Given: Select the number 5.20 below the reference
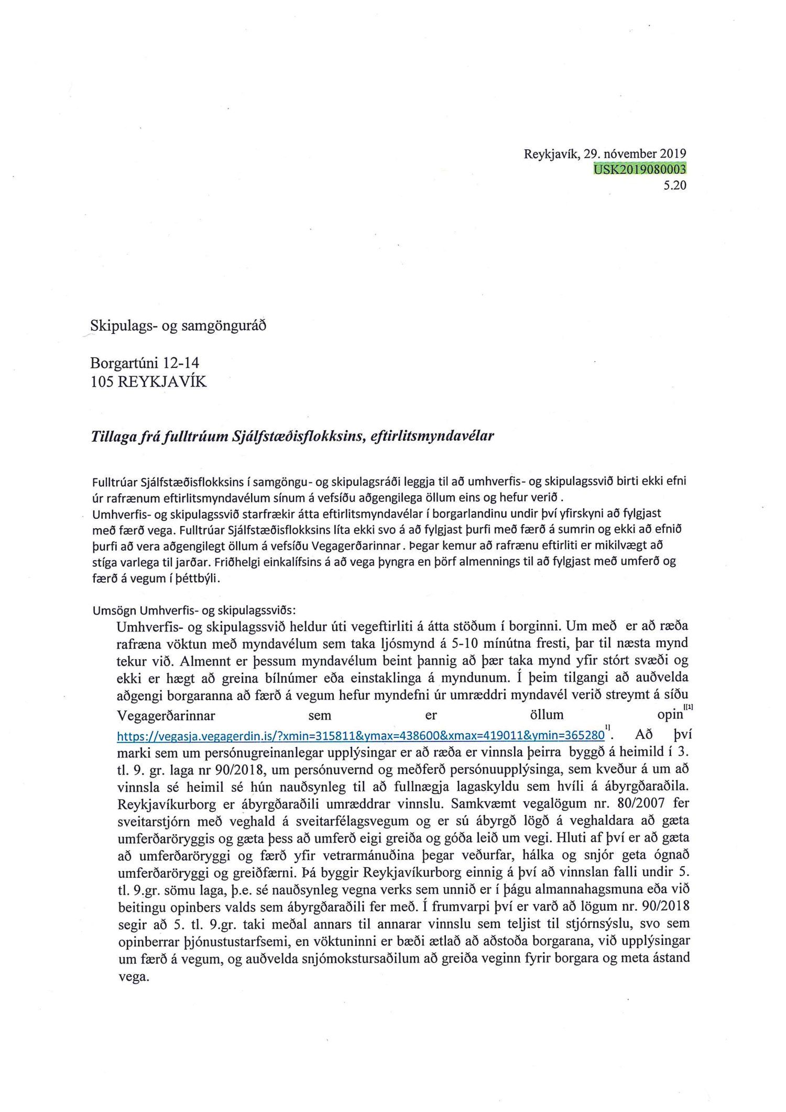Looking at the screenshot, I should tap(674, 184).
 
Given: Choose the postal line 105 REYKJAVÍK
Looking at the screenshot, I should tap(149, 381).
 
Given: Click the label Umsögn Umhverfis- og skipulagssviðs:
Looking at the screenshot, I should tap(194, 610).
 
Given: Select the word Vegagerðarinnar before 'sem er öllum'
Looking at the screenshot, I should tap(166, 715).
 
